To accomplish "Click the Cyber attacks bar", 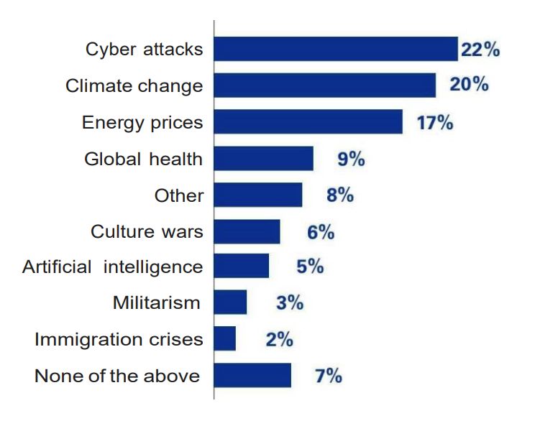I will (336, 49).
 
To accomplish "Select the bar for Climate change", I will (325, 85).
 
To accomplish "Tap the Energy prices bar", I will (309, 121).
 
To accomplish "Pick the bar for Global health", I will (264, 158).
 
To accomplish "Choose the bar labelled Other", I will (258, 194).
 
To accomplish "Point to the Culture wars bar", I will (247, 231).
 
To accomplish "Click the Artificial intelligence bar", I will (242, 266).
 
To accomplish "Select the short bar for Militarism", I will (231, 302).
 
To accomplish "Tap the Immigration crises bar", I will (225, 338).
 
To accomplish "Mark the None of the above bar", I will (253, 375).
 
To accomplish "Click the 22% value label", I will (480, 50).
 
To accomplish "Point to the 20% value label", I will (469, 85).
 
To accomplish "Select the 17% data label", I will (435, 122).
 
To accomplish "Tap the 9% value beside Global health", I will (351, 158).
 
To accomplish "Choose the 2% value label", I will (279, 339).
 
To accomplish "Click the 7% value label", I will (329, 375).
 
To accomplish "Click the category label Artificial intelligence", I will (113, 267).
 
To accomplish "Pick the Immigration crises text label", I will (119, 339).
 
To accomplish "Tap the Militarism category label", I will (157, 302).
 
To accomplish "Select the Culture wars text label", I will (147, 231).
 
